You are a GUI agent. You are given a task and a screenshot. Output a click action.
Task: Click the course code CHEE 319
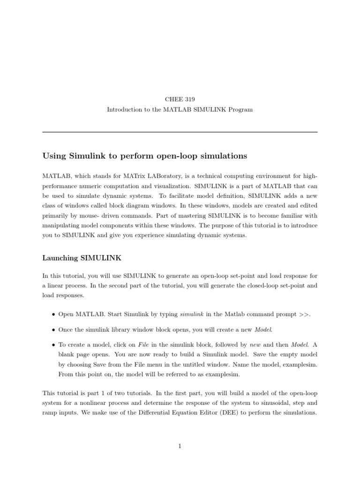point(180,99)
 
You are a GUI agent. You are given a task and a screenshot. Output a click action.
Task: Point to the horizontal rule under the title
point(180,132)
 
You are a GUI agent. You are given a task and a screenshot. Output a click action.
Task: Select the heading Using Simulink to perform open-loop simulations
point(144,155)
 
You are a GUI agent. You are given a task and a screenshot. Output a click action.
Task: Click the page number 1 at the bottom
point(180,446)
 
